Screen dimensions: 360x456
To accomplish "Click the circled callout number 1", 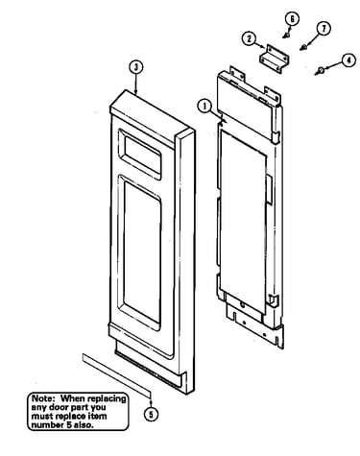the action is coord(204,107).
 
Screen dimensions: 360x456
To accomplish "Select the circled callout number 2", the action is coord(249,39).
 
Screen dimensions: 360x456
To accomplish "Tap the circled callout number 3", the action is coord(136,67).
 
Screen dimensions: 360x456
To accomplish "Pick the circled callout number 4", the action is coord(348,60).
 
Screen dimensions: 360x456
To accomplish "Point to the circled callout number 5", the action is coord(151,415).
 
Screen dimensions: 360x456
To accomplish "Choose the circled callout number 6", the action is coord(292,19).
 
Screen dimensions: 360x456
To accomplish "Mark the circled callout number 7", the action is coord(324,29).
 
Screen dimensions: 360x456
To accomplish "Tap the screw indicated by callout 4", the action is coord(319,71).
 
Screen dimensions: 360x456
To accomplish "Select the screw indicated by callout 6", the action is coord(287,34).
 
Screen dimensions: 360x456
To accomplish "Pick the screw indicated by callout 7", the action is coord(304,48).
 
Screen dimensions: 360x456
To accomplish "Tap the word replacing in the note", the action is coord(107,399).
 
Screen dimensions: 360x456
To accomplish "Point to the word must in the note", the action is coord(42,417).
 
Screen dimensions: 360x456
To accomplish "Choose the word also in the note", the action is coord(84,425).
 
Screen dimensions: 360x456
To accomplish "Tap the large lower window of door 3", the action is coord(142,252).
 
